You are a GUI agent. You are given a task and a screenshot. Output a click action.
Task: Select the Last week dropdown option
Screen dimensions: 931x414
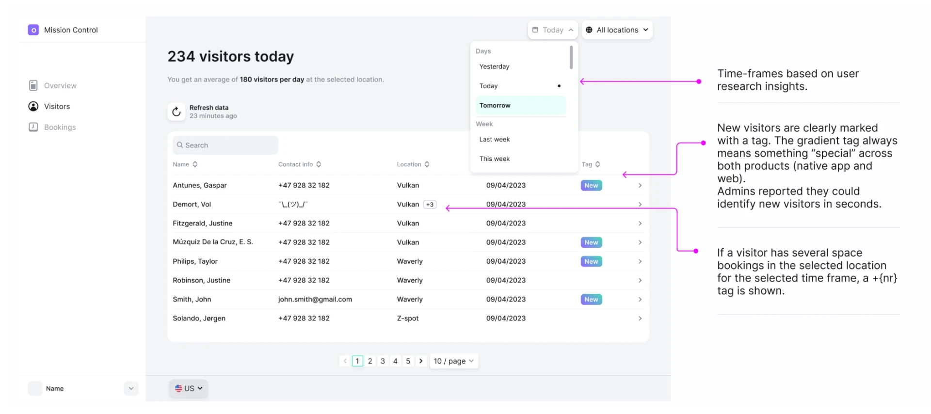pyautogui.click(x=495, y=140)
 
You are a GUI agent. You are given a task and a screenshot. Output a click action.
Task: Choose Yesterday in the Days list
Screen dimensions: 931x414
pyautogui.click(x=494, y=67)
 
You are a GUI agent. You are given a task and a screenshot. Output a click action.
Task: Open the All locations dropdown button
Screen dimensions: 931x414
pyautogui.click(x=617, y=30)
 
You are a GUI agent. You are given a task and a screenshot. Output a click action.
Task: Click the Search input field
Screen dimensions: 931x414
pyautogui.click(x=225, y=145)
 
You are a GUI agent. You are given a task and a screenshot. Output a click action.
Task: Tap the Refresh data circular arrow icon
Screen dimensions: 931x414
pyautogui.click(x=177, y=111)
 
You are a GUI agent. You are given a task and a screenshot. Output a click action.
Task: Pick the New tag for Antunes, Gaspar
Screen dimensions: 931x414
pyautogui.click(x=591, y=186)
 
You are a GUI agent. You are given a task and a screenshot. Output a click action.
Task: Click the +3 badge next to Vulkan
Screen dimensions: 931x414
pyautogui.click(x=430, y=205)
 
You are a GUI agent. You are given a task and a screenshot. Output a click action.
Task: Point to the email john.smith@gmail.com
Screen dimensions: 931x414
pyautogui.click(x=315, y=300)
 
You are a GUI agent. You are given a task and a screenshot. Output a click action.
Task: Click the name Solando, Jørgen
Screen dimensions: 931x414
pyautogui.click(x=199, y=318)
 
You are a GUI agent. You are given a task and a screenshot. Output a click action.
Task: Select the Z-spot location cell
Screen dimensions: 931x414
pyautogui.click(x=408, y=318)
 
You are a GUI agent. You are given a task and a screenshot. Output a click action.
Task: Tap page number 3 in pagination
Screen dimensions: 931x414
pyautogui.click(x=383, y=361)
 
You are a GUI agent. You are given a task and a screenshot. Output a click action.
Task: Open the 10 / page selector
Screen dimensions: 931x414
pyautogui.click(x=454, y=361)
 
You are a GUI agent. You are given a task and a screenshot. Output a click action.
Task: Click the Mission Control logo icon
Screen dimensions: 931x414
pyautogui.click(x=33, y=30)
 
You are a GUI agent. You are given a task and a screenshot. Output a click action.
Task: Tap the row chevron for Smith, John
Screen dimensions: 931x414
pyautogui.click(x=640, y=300)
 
